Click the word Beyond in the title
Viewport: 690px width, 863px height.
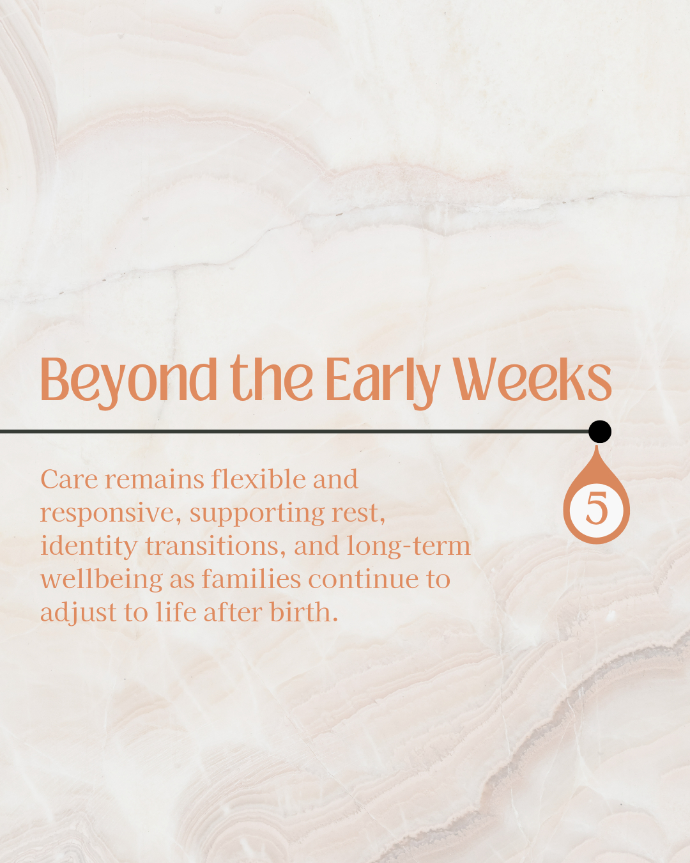point(128,382)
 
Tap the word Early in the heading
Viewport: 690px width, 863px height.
point(383,382)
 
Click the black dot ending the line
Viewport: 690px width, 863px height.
point(600,432)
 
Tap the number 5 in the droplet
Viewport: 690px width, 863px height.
point(597,508)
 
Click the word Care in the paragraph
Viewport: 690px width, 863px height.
point(69,479)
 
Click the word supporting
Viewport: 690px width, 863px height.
point(257,514)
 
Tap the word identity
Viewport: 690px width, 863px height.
point(88,547)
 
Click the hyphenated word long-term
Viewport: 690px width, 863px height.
point(408,547)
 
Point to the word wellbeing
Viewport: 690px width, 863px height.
point(102,580)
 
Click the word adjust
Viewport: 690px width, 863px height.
point(79,613)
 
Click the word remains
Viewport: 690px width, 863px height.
point(155,479)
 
